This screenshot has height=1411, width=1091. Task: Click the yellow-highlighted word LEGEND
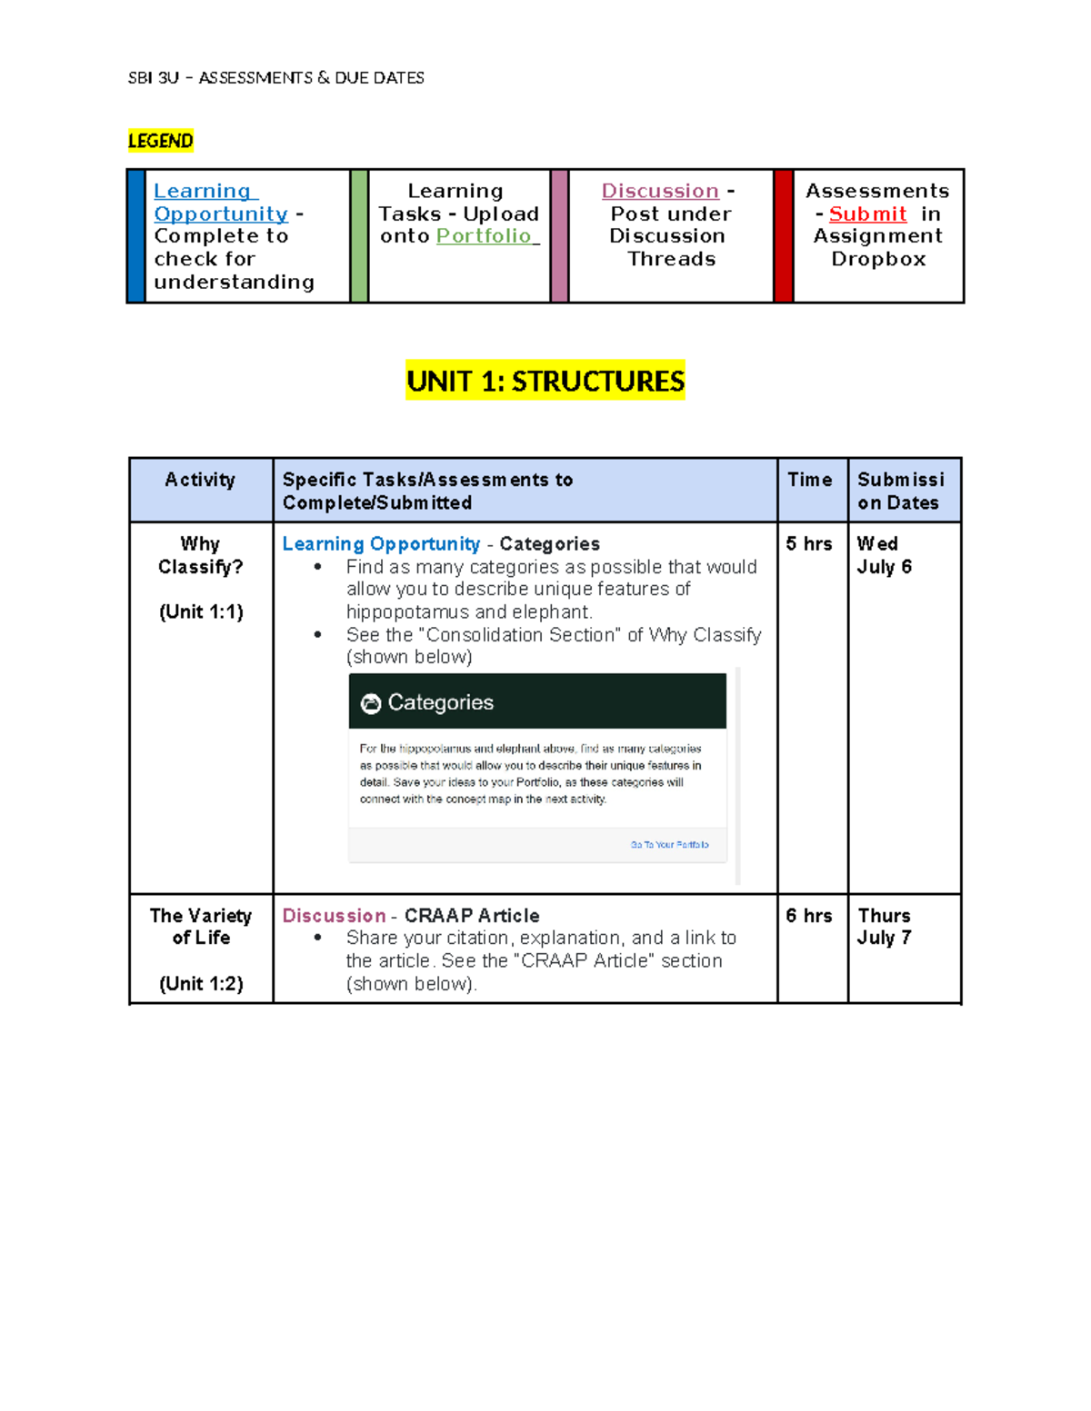point(160,141)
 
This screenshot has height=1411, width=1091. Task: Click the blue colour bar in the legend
point(136,236)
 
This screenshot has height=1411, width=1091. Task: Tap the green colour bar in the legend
point(359,236)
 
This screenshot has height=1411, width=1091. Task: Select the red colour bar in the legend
point(783,236)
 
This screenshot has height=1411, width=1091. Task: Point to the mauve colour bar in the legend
point(559,236)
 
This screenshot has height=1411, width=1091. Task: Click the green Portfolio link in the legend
point(485,236)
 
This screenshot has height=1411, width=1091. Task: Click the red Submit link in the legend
point(867,214)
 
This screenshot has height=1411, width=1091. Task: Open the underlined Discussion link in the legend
point(660,192)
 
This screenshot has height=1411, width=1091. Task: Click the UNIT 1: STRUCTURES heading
point(545,381)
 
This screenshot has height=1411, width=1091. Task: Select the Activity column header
point(200,480)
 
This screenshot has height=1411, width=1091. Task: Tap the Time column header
point(809,480)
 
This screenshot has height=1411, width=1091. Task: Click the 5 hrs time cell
point(808,544)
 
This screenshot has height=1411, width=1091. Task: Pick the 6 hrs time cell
point(808,916)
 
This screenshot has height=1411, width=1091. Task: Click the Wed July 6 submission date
point(884,555)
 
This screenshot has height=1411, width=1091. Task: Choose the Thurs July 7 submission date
point(884,927)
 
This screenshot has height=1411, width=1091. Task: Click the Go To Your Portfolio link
point(669,845)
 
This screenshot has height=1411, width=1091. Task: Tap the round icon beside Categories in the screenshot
point(371,703)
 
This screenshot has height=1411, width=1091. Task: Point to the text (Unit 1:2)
point(201,984)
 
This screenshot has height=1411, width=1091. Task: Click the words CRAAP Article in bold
point(472,916)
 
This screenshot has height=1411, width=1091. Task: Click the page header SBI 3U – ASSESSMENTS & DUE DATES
point(276,78)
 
